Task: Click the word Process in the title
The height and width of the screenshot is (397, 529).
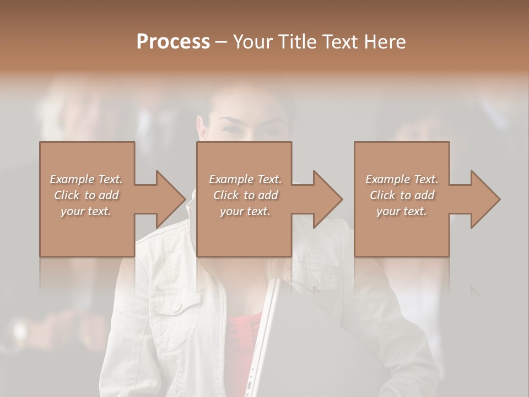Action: click(x=173, y=42)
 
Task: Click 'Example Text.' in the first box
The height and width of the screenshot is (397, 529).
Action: click(x=86, y=179)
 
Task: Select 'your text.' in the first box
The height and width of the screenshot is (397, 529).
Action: click(x=86, y=211)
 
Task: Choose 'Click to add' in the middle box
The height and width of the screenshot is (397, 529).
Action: click(x=245, y=195)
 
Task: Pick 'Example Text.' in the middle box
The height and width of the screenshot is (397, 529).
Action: click(x=245, y=179)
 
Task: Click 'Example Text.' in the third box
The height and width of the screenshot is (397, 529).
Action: click(x=402, y=179)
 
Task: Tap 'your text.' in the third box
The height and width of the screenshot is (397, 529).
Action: click(x=402, y=211)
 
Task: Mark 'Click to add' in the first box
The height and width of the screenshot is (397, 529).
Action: click(x=86, y=195)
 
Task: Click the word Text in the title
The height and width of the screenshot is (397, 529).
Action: click(x=339, y=42)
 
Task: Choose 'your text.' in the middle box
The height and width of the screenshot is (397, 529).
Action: click(x=245, y=211)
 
